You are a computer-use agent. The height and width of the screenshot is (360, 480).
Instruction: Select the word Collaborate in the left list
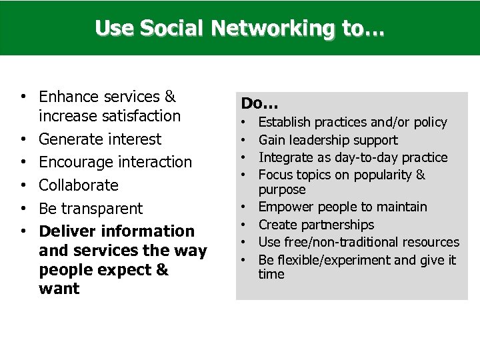coord(79,185)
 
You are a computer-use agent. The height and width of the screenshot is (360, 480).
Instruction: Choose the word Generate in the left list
coord(67,139)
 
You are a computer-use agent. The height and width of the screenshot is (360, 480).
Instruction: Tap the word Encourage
coord(74,162)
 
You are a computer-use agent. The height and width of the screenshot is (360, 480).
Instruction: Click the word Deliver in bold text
coord(66,231)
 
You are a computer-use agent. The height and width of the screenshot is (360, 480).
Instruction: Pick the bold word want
coord(59,289)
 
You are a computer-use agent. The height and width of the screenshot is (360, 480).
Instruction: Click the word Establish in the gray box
coord(285,123)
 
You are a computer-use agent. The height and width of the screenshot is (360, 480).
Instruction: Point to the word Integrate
coord(285,157)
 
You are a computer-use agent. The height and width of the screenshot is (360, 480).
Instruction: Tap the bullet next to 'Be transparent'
coord(23,208)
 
